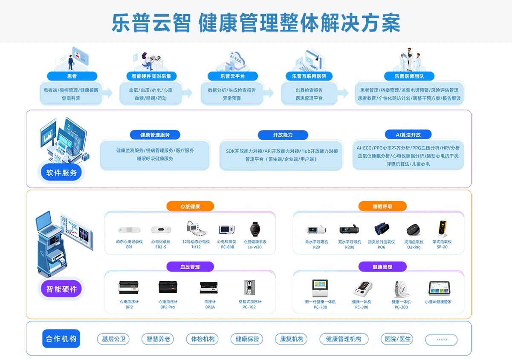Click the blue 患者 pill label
72,76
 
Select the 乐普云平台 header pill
232,76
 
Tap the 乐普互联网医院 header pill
309,76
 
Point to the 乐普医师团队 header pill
408,76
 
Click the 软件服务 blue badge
62,173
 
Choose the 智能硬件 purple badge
62,289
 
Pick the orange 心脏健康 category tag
190,207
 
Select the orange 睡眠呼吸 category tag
382,207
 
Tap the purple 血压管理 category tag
190,267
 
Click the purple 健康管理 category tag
382,267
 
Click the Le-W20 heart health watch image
255,229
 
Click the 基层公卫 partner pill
113,339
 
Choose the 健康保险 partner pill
247,339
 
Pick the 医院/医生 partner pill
397,339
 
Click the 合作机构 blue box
61,339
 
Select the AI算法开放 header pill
408,135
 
